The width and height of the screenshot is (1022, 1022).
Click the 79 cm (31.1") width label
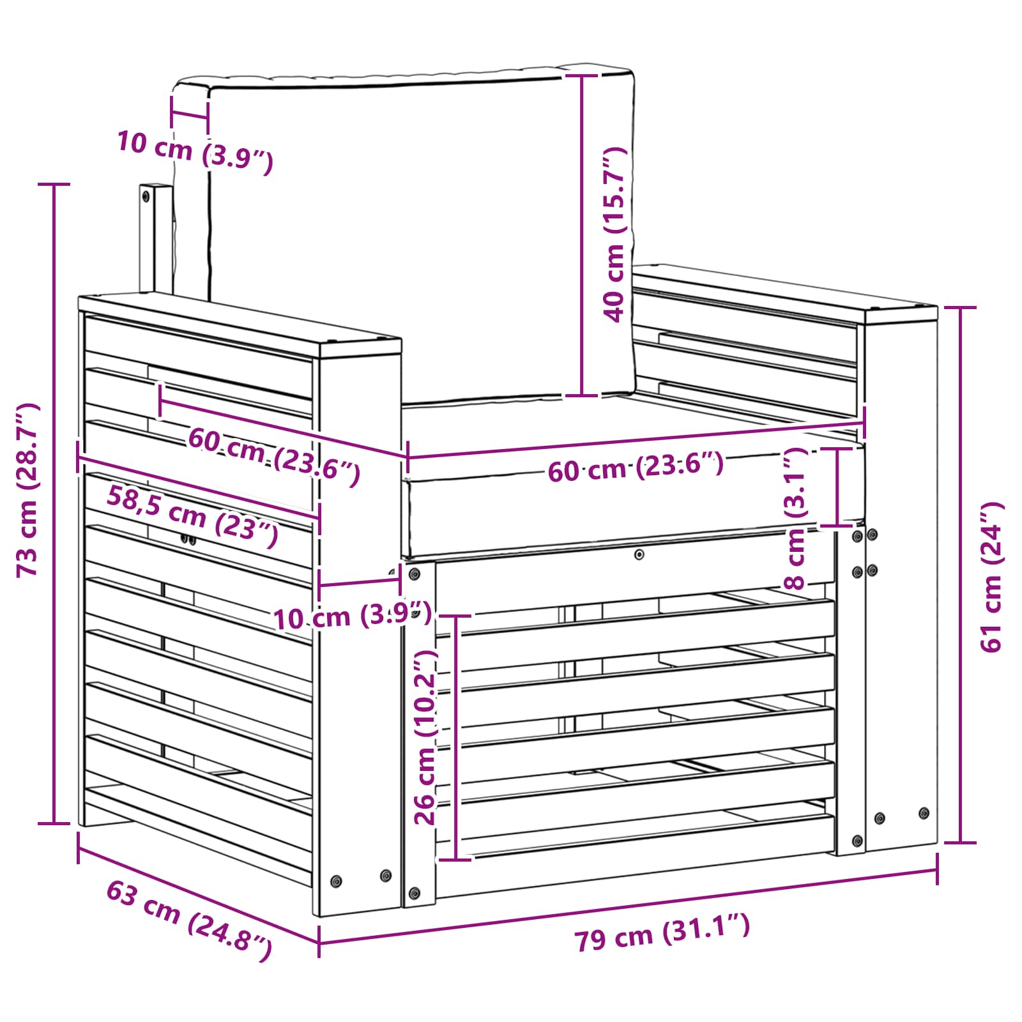[662, 933]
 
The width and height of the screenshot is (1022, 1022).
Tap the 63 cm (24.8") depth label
[189, 920]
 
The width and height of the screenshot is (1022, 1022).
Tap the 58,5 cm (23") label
[192, 515]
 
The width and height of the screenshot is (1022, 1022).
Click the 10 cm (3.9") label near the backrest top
[195, 151]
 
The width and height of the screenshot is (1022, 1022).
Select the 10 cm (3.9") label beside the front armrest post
[352, 617]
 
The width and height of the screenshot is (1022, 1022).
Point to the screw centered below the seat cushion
[639, 554]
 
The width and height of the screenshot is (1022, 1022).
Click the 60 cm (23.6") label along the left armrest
[274, 455]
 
